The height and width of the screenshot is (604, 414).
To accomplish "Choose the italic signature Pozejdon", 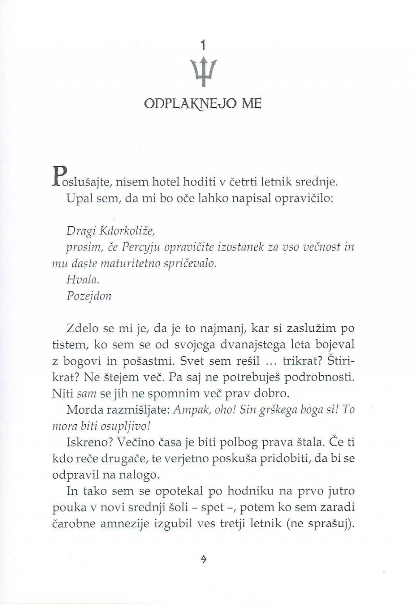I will coord(89,296).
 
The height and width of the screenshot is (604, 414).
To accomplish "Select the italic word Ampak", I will coord(189,409).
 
